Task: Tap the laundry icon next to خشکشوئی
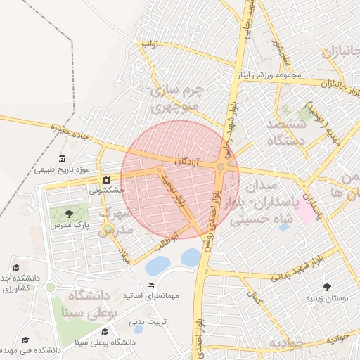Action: tap(107, 179)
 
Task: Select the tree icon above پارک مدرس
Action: tap(68, 214)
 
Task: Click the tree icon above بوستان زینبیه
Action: tap(328, 286)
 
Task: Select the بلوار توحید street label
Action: tap(174, 191)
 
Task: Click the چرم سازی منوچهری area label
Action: tap(177, 99)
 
